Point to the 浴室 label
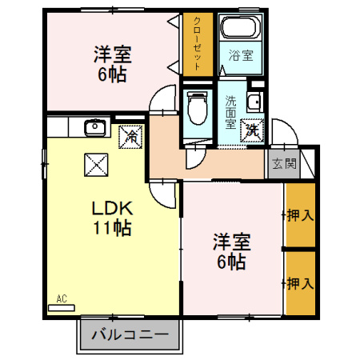pyautogui.click(x=241, y=55)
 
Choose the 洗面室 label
pyautogui.click(x=230, y=113)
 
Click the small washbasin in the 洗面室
pyautogui.click(x=254, y=102)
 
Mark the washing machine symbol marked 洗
pyautogui.click(x=251, y=127)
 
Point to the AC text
pyautogui.click(x=61, y=298)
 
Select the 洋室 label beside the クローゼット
pyautogui.click(x=112, y=54)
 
